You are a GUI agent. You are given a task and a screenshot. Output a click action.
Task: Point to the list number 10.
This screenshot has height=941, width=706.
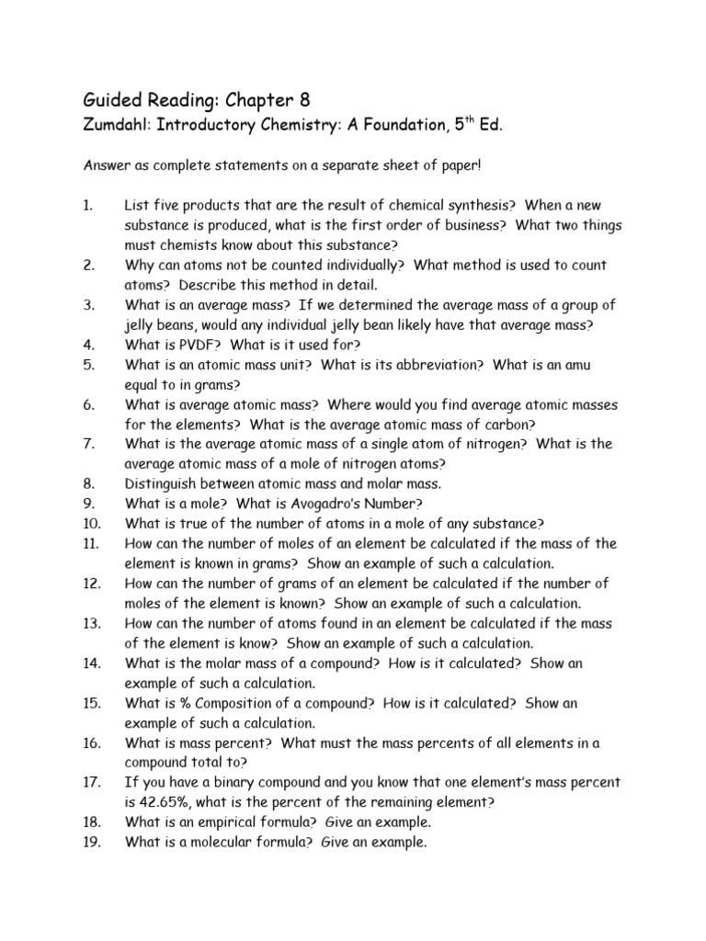point(89,524)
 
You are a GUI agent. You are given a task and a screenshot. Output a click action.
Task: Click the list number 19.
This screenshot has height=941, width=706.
point(89,842)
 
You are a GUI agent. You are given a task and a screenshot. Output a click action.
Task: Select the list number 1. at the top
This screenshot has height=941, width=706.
point(87,206)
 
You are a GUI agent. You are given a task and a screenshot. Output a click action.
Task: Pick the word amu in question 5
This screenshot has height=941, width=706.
point(577,365)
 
